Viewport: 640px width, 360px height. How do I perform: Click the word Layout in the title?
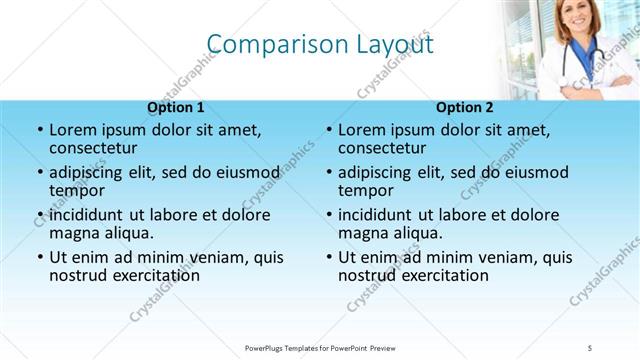(x=395, y=44)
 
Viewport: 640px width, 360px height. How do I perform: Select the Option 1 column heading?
(x=176, y=107)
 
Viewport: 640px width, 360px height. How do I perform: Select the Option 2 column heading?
(x=465, y=107)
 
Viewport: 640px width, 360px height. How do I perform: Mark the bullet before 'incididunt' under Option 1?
(x=39, y=216)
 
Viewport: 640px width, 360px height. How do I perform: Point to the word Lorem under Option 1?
(x=72, y=130)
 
